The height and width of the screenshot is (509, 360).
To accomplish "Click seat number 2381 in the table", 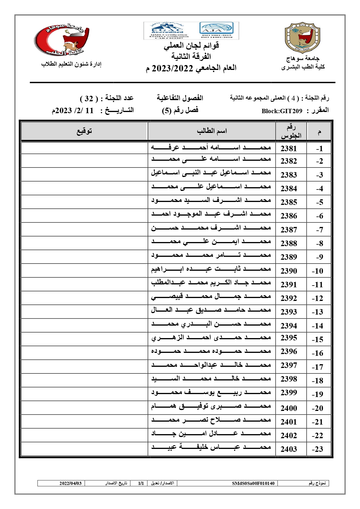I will pos(289,149).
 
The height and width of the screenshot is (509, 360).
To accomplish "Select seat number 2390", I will pos(289,271).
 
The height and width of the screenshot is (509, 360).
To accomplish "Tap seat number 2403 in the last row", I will pos(289,449).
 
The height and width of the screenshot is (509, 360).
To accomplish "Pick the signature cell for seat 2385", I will pos(84,202).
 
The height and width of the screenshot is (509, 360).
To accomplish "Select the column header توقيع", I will pos(84,131).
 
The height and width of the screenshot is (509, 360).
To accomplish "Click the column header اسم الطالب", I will pos(212,131).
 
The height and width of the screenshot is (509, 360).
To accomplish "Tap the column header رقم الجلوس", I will pos(291,131).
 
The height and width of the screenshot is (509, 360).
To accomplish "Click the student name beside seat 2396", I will pos(211,351).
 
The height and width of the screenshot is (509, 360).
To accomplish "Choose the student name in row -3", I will pos(211,173).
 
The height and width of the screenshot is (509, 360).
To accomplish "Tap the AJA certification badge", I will pos(216,30).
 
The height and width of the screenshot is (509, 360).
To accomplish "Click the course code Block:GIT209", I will pos(282,111).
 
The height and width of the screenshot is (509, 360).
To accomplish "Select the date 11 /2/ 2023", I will pos(73,111).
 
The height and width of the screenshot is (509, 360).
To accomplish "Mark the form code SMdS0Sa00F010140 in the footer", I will pos(253,483).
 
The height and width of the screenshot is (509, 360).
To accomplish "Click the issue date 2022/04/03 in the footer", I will pos(70,483).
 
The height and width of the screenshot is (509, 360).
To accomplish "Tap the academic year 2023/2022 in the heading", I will pos(172,68).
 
